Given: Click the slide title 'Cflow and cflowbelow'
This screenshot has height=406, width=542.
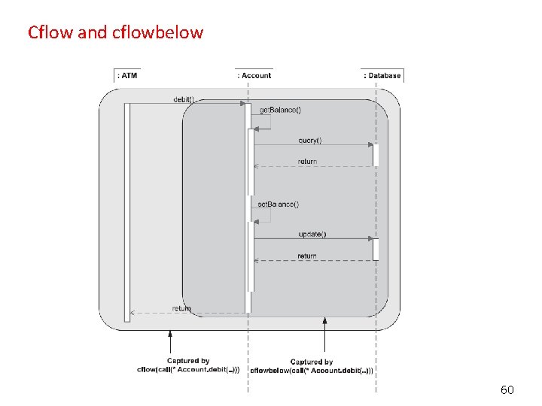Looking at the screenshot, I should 115,32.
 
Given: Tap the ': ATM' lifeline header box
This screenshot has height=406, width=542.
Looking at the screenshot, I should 127,75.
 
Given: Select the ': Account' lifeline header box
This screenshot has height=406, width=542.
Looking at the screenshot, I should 254,75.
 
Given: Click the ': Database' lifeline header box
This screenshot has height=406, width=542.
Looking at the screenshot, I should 382,75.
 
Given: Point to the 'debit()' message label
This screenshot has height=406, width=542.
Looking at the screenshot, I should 184,98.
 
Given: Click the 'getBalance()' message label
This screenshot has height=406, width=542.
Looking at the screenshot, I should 280,110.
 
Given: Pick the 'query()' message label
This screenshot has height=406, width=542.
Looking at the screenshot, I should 309,140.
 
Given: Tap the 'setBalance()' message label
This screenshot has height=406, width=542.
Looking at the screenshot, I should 278,204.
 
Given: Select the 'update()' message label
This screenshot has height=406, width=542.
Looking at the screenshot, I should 312,234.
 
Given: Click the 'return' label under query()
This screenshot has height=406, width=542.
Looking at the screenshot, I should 307,161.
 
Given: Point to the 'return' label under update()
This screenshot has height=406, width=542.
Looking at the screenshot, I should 307,256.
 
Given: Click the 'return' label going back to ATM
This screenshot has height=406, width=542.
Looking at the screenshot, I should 181,308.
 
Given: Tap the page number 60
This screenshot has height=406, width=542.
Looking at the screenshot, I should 507,389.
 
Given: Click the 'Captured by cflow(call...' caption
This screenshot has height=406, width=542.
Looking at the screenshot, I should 188,365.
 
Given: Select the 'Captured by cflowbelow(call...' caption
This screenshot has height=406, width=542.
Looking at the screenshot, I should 311,366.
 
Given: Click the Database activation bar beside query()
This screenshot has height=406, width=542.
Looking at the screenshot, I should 376,154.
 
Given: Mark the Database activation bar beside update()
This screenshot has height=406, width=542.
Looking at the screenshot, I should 376,249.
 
